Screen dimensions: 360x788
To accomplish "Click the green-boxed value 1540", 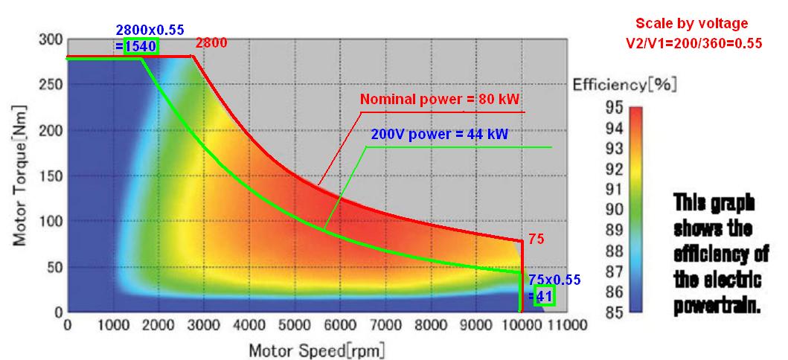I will (141, 47).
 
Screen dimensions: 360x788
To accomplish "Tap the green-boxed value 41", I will (544, 296).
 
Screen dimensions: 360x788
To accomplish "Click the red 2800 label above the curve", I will (210, 44).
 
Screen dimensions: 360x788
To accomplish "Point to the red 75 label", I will (536, 240).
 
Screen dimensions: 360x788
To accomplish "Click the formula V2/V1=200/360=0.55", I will (693, 43).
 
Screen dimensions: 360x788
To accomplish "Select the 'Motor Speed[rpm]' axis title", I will (317, 350).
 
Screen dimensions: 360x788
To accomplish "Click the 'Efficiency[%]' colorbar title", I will (624, 85).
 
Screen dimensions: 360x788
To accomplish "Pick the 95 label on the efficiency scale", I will (614, 107).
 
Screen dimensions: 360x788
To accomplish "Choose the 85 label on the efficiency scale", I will (614, 311).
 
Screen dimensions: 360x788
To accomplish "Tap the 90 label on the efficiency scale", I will (614, 209).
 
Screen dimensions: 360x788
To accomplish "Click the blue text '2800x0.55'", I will (147, 31).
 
